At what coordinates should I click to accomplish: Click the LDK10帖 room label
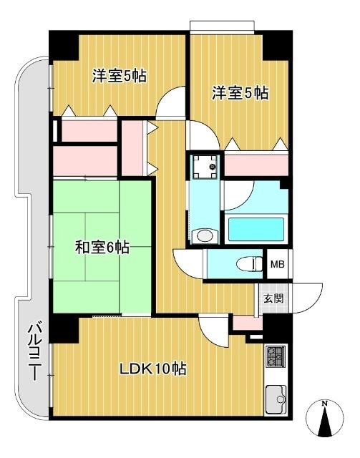click(x=152, y=369)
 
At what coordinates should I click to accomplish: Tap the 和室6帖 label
click(x=102, y=248)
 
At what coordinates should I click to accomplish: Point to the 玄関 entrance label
click(x=273, y=298)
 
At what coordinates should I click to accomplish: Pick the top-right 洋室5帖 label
click(x=240, y=92)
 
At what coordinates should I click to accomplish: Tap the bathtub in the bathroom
click(x=256, y=228)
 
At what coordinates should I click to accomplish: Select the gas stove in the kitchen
click(x=276, y=356)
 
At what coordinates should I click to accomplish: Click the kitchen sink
click(x=276, y=398)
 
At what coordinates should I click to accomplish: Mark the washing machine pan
click(x=205, y=168)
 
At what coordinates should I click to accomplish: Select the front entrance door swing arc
click(x=303, y=299)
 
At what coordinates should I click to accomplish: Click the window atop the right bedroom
click(x=222, y=26)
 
